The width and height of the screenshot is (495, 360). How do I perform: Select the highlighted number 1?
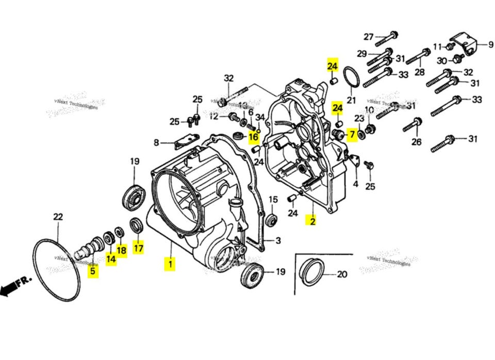click(170, 265)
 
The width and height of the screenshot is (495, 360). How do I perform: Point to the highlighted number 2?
click(312, 221)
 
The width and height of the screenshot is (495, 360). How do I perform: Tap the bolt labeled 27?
click(389, 36)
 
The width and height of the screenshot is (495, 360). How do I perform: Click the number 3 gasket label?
click(277, 240)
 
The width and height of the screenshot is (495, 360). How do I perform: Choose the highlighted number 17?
click(139, 248)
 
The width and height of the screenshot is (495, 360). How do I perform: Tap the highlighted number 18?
click(121, 251)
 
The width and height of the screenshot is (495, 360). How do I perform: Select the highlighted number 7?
click(351, 135)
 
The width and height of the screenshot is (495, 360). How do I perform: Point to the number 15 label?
click(273, 199)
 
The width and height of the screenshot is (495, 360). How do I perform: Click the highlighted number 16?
click(253, 137)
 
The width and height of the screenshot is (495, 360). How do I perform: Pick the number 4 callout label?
click(355, 184)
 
